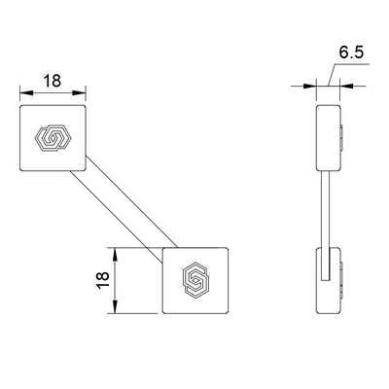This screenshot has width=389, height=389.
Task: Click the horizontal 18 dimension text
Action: (x=53, y=81)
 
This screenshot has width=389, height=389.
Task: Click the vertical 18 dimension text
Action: (x=101, y=280)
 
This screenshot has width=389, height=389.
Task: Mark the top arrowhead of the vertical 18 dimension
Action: (x=116, y=252)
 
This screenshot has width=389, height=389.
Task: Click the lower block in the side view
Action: (x=330, y=280)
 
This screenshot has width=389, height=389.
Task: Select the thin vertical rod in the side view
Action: (x=325, y=209)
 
